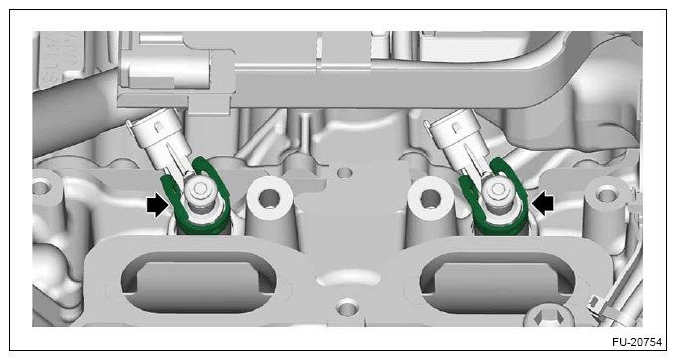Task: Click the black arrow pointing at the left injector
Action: coord(158,205)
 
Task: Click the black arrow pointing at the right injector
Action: coord(542,202)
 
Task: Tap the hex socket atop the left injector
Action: coord(200,188)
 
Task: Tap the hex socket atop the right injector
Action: coord(498,188)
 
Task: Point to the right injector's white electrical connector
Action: coord(458,136)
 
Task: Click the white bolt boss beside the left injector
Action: coord(269,198)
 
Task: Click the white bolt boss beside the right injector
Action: coord(429,198)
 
